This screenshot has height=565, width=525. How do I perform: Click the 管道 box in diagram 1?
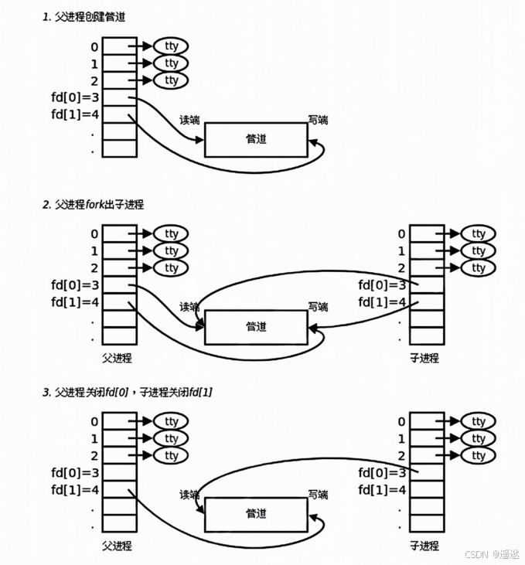pos(256,140)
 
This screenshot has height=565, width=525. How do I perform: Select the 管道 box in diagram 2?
pos(256,327)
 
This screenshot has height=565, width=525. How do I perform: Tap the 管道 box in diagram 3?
pos(256,514)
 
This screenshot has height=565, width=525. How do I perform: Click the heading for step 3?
pos(128,393)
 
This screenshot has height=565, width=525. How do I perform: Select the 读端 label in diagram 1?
pos(189,121)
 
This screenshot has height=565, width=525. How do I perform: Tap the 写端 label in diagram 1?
pos(318,120)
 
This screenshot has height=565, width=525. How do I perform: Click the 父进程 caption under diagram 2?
pos(117,358)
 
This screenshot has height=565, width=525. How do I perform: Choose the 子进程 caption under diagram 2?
pos(424,358)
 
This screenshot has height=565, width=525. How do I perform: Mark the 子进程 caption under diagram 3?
pos(424,546)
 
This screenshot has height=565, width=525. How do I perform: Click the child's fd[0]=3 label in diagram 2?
pos(382,285)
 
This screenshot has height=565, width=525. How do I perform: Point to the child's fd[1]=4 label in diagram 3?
pos(382,489)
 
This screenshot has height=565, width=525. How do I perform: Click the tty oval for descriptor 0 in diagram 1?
pos(171,46)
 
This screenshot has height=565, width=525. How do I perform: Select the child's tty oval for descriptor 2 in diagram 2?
pos(479,268)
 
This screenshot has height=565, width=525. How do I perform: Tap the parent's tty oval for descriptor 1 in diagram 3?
pos(171,438)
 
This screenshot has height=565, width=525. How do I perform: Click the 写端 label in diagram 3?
pos(318,494)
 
